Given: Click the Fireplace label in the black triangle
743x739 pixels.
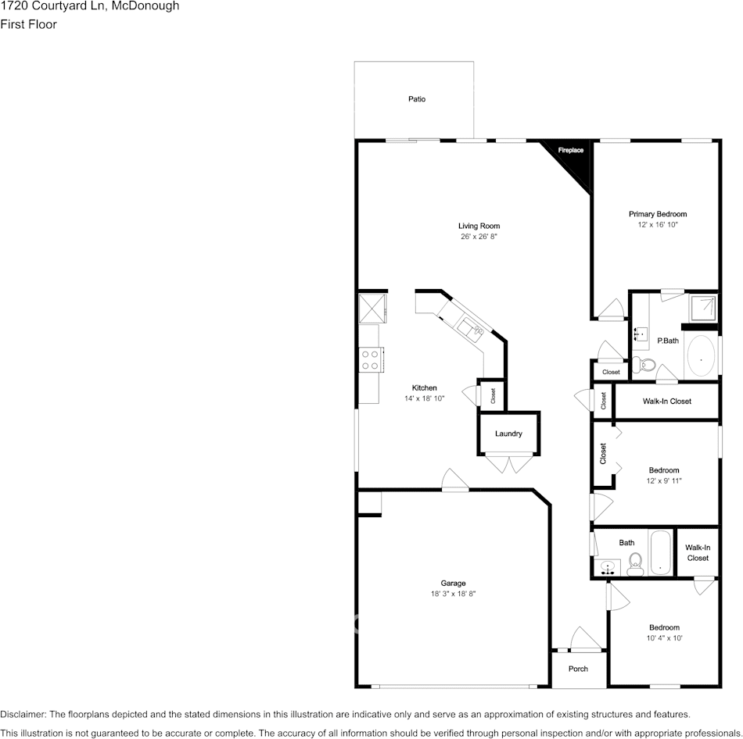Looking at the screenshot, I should tap(570, 150).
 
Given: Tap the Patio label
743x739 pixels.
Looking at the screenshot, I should tap(417, 99).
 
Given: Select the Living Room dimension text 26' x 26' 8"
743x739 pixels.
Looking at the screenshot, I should tap(479, 236).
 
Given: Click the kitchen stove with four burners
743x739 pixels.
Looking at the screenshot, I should tap(369, 359).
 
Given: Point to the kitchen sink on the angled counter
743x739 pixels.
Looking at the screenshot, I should tap(472, 328).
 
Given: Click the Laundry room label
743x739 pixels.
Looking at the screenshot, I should tap(508, 434).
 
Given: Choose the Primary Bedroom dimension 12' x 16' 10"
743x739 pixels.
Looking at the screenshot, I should tap(658, 224).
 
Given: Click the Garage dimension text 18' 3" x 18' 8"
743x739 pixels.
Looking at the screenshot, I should tap(453, 594).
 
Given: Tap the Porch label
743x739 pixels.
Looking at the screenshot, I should tap(578, 669).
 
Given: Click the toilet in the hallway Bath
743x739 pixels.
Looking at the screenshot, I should tap(634, 563).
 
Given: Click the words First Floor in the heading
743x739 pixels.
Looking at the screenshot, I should tap(28, 24).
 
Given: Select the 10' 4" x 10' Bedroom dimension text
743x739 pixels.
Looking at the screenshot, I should tap(664, 638).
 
